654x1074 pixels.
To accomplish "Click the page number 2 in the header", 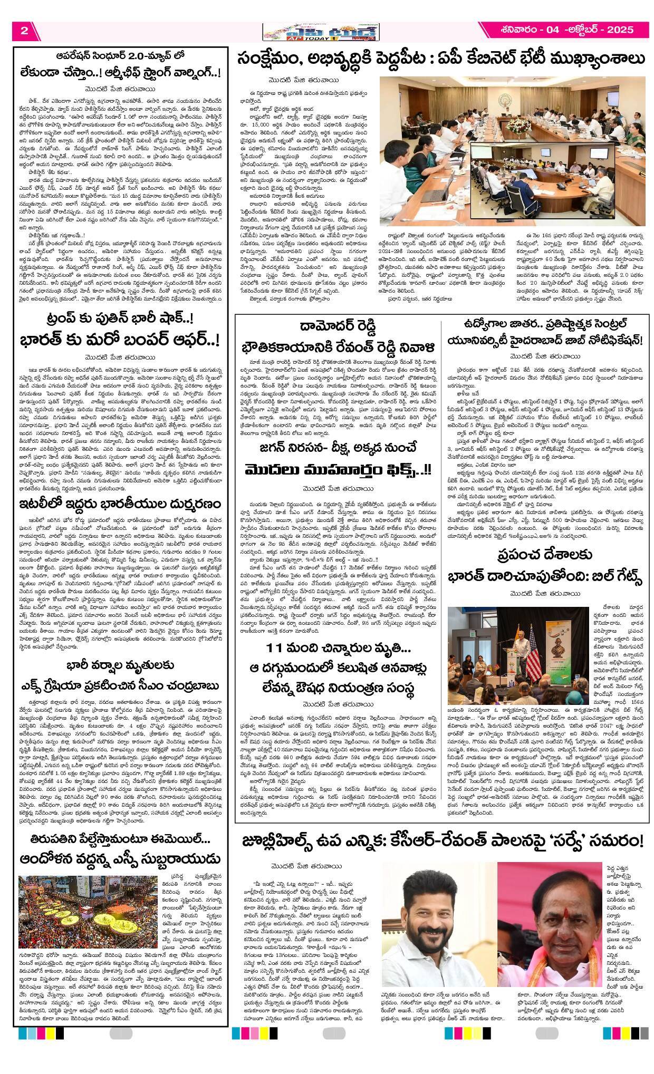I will [x=24, y=30].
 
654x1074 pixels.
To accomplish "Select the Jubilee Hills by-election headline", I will [x=443, y=840].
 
